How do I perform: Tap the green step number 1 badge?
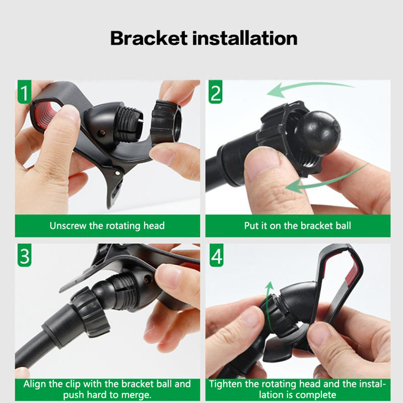(24, 92)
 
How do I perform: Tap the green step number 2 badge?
(216, 92)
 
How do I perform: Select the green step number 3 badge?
(24, 255)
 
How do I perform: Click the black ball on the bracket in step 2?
(318, 133)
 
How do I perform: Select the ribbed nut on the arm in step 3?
(91, 312)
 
